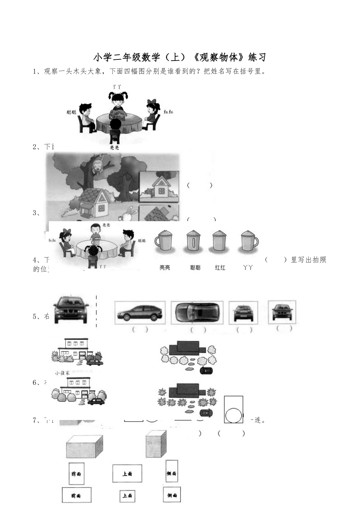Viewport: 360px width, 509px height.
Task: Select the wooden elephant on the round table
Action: (x=117, y=113)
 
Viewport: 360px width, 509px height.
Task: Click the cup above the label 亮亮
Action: (x=164, y=241)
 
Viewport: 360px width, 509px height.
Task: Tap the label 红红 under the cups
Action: (x=220, y=268)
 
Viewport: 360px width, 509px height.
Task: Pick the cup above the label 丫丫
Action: (x=249, y=241)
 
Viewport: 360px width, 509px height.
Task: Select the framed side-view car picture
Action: (x=140, y=312)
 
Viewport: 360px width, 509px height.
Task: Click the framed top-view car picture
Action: (x=197, y=312)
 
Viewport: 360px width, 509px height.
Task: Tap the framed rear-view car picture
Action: (x=243, y=312)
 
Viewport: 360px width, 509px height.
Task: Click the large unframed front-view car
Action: (x=71, y=309)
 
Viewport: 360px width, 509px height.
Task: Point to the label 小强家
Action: (x=62, y=373)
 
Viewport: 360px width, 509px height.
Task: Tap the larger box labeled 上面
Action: (x=127, y=473)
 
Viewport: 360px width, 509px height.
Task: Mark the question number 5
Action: (x=36, y=317)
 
